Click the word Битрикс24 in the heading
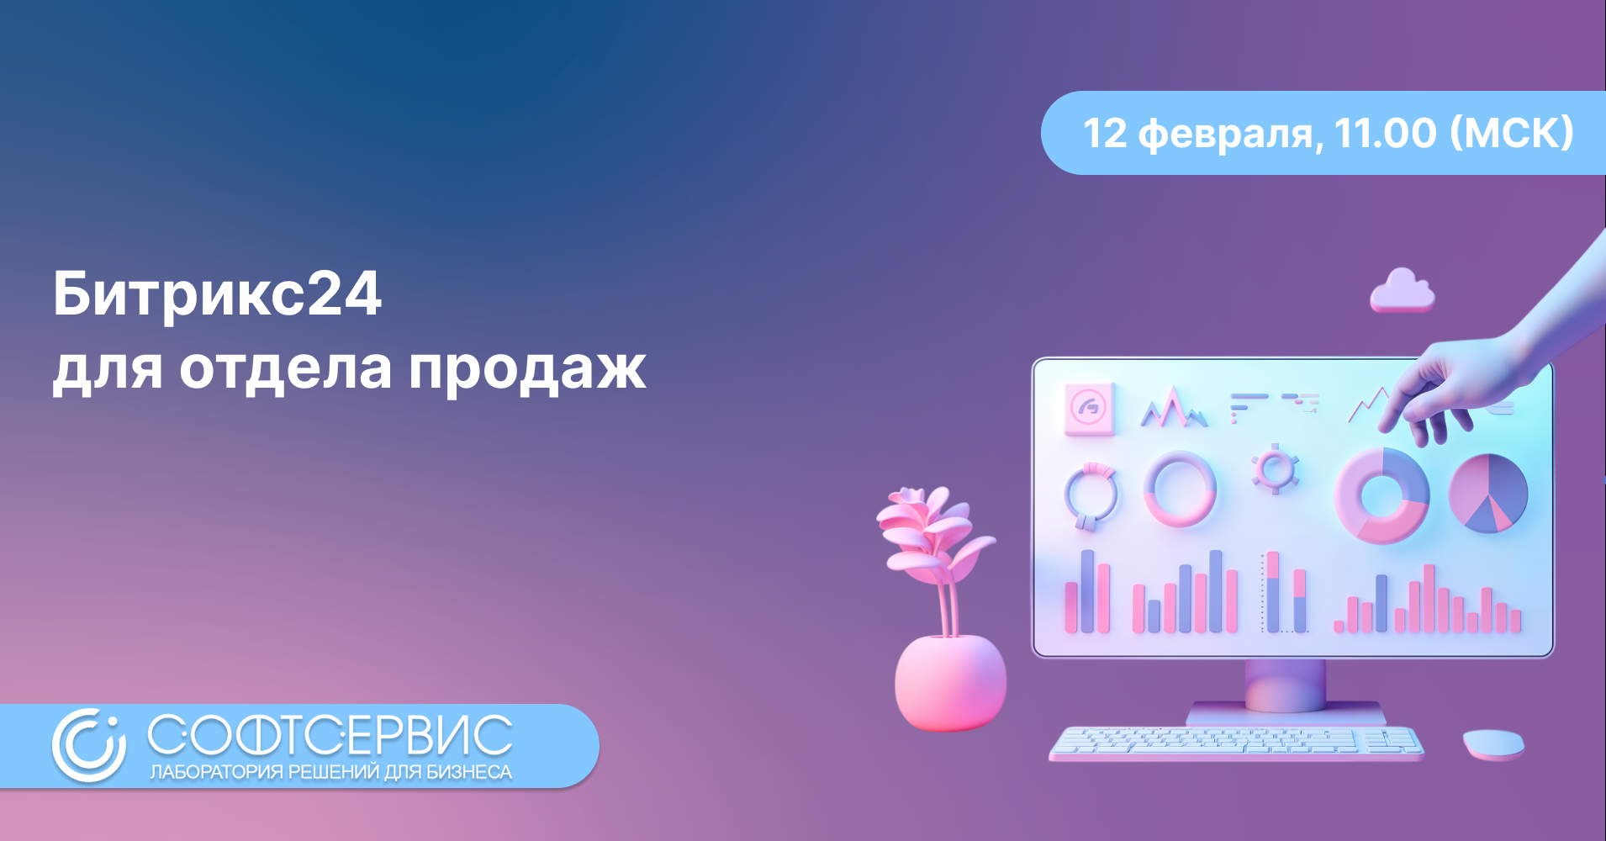click(x=218, y=294)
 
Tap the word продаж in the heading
click(x=527, y=369)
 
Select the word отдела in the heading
click(x=285, y=370)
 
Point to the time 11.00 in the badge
click(x=1386, y=133)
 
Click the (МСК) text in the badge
click(x=1512, y=133)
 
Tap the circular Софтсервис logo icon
click(x=89, y=745)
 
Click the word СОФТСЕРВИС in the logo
click(x=330, y=735)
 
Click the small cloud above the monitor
click(x=1402, y=291)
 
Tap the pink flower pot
click(x=950, y=682)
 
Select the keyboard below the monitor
click(x=1235, y=743)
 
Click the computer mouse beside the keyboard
click(x=1493, y=744)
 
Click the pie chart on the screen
click(x=1488, y=494)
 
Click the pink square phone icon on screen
click(x=1090, y=409)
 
